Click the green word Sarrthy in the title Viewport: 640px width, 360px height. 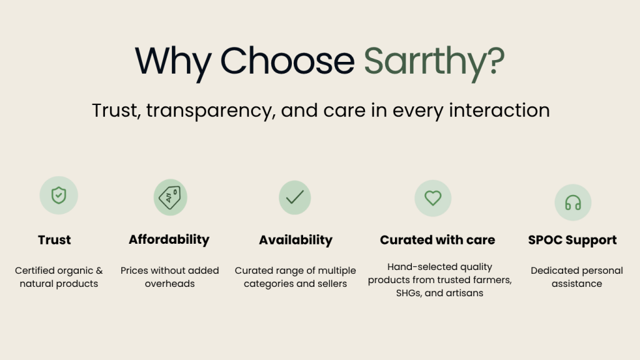point(424,61)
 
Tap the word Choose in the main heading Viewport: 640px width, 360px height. point(287,61)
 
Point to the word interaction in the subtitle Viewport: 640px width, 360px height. point(499,110)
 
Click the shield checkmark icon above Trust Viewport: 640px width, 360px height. point(59,195)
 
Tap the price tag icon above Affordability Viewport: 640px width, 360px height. point(170,197)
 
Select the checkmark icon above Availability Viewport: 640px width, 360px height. point(295,197)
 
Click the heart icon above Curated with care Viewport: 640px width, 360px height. point(433,198)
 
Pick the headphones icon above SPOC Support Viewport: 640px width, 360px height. point(573,202)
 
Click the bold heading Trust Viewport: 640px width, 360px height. point(54,239)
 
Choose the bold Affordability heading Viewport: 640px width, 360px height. point(169,239)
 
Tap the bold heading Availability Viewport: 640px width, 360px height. point(296,240)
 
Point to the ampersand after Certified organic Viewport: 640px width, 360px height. point(99,271)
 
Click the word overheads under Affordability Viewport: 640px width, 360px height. point(170,284)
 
